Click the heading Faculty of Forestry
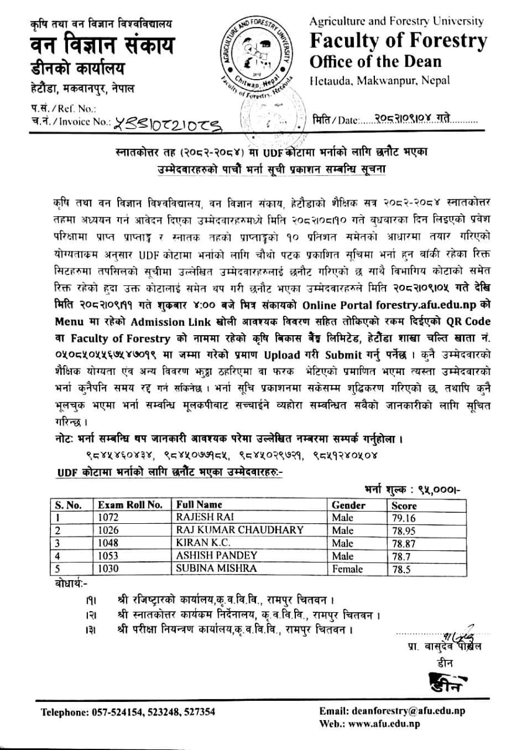point(398,41)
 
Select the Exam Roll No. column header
point(130,504)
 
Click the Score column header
point(404,505)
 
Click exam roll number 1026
point(108,530)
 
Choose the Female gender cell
point(347,568)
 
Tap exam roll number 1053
point(108,555)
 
